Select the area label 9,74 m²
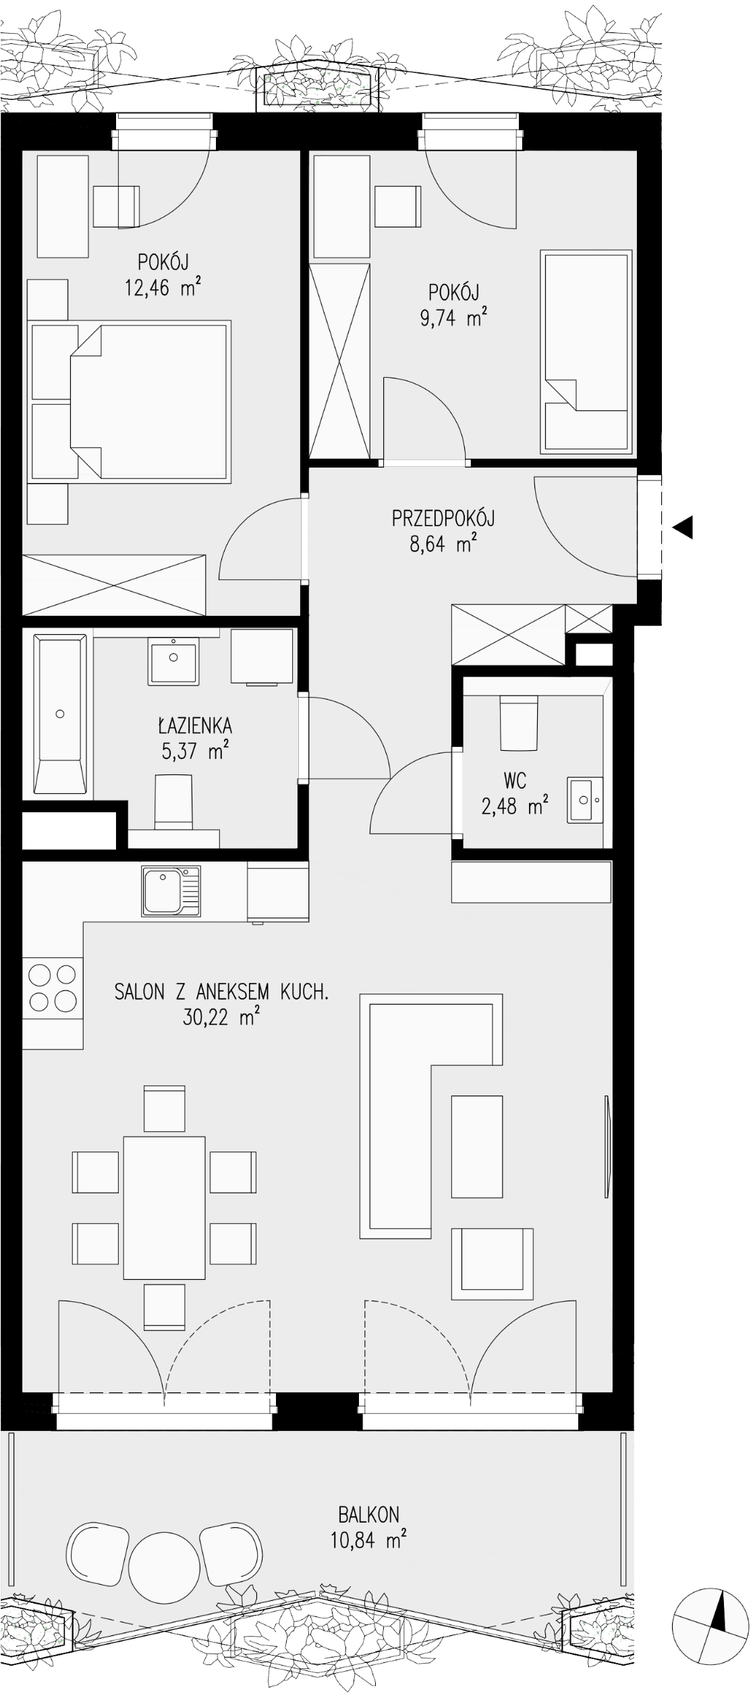[x=453, y=318]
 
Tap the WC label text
[x=515, y=781]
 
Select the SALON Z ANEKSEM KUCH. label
[x=221, y=992]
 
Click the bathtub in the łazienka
[x=60, y=714]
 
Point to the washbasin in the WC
[x=585, y=800]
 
